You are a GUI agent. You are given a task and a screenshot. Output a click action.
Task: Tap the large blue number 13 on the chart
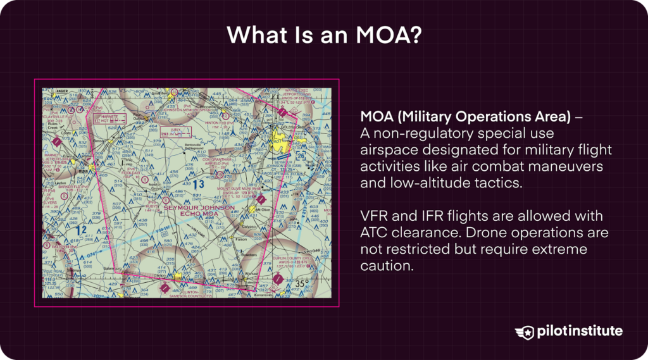pyautogui.click(x=199, y=184)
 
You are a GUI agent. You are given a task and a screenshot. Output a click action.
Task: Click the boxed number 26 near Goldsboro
pyautogui.click(x=301, y=154)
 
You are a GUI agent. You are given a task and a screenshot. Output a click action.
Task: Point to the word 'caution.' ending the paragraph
pyautogui.click(x=387, y=266)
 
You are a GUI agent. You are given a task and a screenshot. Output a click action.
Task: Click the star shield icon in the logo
pyautogui.click(x=525, y=331)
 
